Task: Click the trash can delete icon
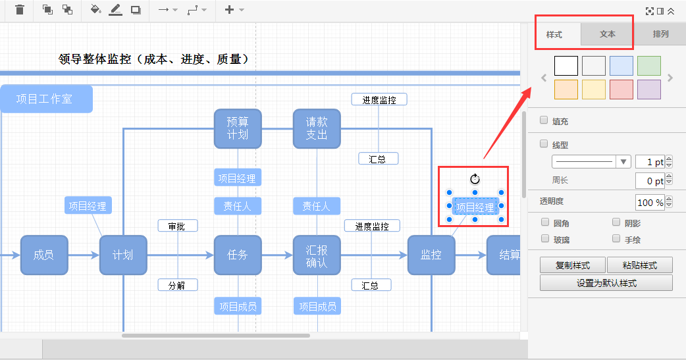point(20,10)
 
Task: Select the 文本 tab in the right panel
point(607,34)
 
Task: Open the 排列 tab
point(660,34)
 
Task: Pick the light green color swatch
point(648,66)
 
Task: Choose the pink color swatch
point(621,90)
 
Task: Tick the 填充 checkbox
point(544,120)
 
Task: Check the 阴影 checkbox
point(616,223)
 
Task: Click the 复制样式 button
point(572,265)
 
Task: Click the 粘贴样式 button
point(639,265)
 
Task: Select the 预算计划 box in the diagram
point(238,128)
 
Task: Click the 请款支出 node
point(317,128)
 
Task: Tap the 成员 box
point(44,255)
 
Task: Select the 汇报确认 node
point(317,255)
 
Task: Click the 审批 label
point(177,226)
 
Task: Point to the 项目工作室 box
point(45,99)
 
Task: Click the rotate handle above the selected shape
point(475,179)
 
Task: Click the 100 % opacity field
point(650,202)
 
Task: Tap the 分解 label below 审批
point(177,285)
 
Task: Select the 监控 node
point(431,255)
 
